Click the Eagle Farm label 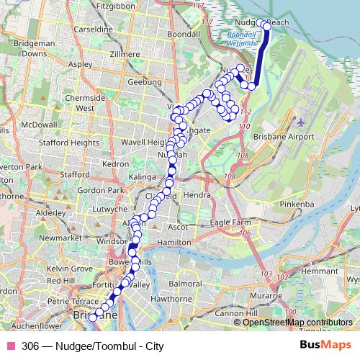[230, 223]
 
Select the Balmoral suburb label [185, 284]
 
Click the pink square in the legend [9, 345]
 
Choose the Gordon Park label [96, 190]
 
